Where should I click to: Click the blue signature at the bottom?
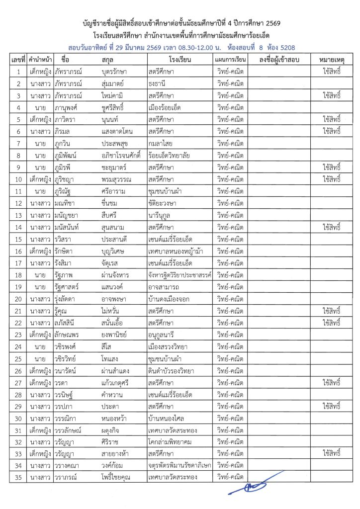point(249,486)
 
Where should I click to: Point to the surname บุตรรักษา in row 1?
point(115,72)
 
